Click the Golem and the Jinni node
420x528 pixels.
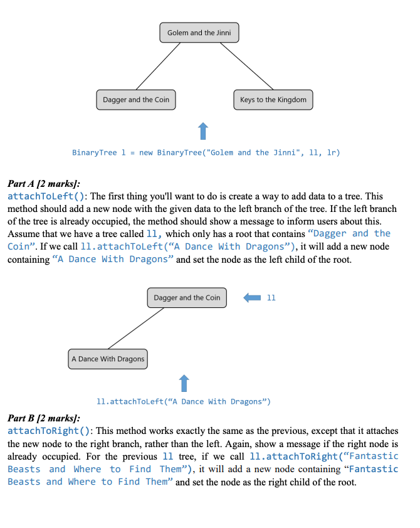(x=199, y=33)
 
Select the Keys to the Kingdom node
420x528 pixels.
(x=273, y=100)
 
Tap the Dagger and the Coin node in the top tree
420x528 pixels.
(x=136, y=100)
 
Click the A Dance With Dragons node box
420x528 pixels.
(x=108, y=359)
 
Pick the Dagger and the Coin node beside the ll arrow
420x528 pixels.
(x=187, y=298)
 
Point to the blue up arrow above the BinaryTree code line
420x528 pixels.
(x=202, y=131)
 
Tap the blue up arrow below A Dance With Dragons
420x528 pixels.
(x=184, y=382)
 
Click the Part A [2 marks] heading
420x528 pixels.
(x=43, y=184)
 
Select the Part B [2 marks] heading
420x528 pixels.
(x=43, y=418)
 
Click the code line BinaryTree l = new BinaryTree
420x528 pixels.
(x=206, y=152)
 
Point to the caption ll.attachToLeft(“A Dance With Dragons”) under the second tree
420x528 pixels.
(x=184, y=401)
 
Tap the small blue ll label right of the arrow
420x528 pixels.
(x=271, y=297)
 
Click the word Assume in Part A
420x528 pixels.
(x=23, y=234)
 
